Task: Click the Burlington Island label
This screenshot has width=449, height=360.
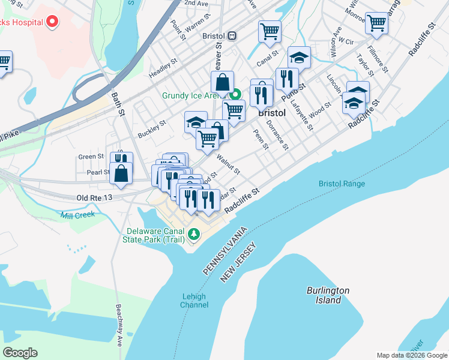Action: [x=328, y=295]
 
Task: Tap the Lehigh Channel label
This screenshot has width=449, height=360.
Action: [x=194, y=301]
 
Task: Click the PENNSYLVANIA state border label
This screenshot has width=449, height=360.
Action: [x=224, y=251]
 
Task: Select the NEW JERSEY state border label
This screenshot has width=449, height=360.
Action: [x=238, y=262]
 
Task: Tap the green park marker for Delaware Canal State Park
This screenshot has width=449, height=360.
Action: [x=193, y=233]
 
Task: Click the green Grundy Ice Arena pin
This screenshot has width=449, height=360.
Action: [x=237, y=95]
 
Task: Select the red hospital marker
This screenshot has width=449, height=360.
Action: [x=52, y=22]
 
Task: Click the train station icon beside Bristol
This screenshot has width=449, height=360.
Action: [x=232, y=35]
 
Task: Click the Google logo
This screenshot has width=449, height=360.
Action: [x=20, y=353]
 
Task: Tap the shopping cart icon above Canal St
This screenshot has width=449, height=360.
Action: [x=270, y=31]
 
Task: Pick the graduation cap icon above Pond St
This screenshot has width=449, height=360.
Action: [x=299, y=57]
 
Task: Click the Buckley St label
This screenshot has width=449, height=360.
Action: [x=151, y=127]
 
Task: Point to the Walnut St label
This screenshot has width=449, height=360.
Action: [x=228, y=165]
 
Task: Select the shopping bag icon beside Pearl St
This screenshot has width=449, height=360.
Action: [x=121, y=173]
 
